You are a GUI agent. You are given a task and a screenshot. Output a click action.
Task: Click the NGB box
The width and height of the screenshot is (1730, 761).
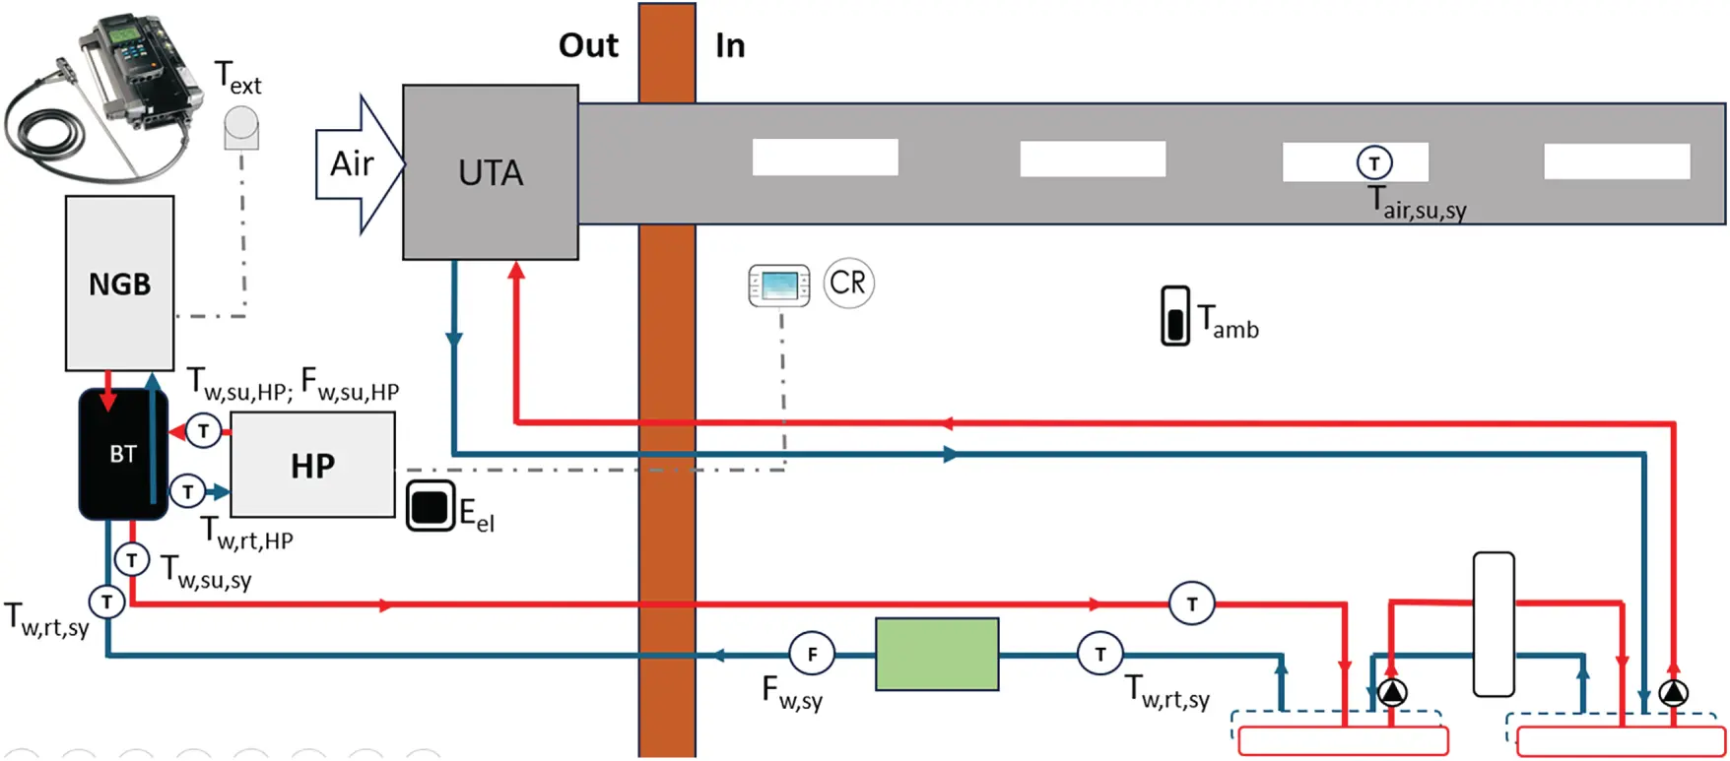pos(119,284)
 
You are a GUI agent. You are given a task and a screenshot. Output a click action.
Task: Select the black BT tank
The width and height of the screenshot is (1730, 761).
pos(122,454)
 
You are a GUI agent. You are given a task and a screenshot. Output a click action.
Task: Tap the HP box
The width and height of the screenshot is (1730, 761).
pos(312,465)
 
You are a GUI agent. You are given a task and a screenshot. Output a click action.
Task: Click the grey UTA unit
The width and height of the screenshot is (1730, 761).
pos(490,172)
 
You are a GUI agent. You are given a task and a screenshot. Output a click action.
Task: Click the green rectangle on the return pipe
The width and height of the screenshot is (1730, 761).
pos(936,654)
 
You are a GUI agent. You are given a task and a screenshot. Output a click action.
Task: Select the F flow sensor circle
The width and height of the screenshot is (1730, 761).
pos(812,654)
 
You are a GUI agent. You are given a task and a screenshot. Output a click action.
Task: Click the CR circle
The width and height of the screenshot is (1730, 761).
pos(847,284)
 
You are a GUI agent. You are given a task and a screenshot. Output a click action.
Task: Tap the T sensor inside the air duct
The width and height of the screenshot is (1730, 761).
pos(1374,162)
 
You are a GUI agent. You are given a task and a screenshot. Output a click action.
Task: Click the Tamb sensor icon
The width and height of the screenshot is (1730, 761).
pos(1174,315)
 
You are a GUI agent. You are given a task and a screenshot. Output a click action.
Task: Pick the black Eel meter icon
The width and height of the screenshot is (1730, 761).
pos(431,506)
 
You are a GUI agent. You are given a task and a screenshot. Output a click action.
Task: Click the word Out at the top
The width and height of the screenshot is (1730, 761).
pos(588,45)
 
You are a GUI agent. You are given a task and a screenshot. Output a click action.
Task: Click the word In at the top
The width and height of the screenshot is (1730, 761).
pos(730,45)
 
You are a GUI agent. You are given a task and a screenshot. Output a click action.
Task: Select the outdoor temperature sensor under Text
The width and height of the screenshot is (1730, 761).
pos(241,128)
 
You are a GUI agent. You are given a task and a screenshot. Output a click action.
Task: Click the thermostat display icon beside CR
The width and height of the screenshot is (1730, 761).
pos(778,285)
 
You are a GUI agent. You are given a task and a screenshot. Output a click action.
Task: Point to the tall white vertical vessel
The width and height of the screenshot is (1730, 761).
pos(1493,624)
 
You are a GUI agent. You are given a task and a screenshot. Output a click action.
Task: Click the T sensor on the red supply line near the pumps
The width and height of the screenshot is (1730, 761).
pos(1191,603)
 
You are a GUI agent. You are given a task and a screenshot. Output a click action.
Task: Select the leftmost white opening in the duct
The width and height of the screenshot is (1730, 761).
pos(825,158)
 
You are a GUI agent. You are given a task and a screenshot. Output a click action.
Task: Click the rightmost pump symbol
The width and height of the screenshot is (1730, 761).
pos(1673,693)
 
